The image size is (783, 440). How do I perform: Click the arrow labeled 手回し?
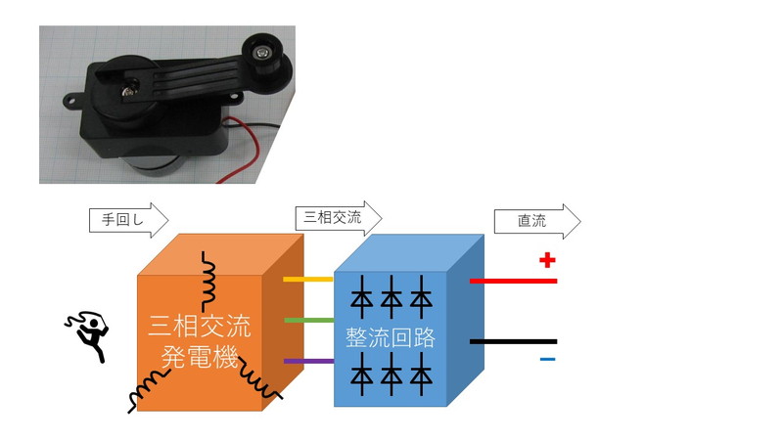[x=129, y=219]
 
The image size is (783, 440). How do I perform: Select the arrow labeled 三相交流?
[x=339, y=217]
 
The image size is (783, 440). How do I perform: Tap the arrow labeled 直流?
[x=537, y=221]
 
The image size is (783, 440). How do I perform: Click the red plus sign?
[x=547, y=260]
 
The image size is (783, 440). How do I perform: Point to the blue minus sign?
[x=548, y=359]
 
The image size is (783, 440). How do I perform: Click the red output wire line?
[x=513, y=281]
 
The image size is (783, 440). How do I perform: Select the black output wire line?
[x=513, y=341]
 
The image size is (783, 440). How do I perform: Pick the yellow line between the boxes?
[x=308, y=280]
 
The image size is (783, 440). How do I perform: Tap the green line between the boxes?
[x=308, y=321]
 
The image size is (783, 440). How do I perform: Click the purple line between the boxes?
[x=308, y=361]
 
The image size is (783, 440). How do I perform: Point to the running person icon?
[x=88, y=335]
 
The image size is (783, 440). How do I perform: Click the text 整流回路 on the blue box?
[x=391, y=338]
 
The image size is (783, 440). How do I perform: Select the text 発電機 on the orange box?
[x=200, y=356]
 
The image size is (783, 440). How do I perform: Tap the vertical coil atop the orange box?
[x=208, y=282]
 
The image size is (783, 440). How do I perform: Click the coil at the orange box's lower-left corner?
[x=150, y=391]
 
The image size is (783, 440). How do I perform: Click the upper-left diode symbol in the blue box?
[x=362, y=297]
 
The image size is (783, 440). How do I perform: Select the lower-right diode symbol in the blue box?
[x=422, y=374]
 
